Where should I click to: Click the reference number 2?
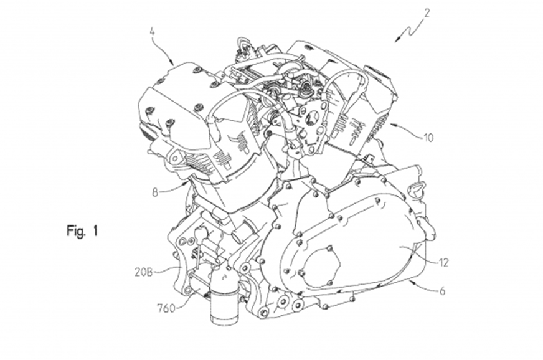pos(427,14)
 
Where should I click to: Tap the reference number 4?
pos(152,32)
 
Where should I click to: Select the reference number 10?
pos(428,138)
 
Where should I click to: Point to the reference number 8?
pos(155,192)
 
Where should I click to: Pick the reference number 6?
pos(442,291)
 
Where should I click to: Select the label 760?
pos(166,308)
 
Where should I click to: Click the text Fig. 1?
pos(82,230)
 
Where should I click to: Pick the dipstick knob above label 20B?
pos(201,231)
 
